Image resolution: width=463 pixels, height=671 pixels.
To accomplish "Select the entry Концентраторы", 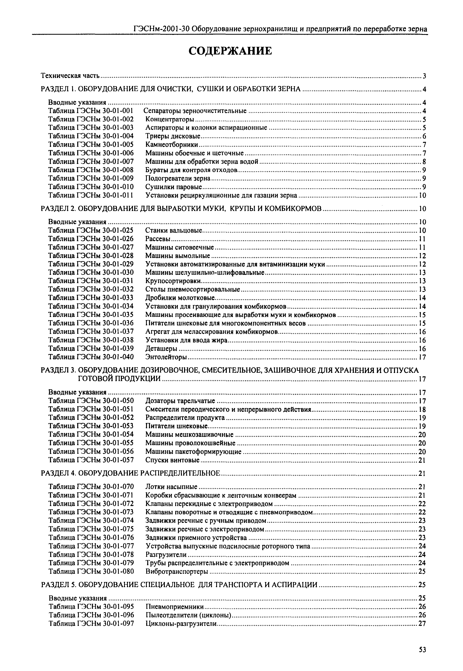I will [x=170, y=120].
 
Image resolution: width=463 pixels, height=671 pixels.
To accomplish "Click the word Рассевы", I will [x=158, y=239].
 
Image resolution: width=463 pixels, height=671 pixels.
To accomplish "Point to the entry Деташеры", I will [x=161, y=349].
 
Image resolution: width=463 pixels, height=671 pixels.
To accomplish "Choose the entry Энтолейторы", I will [x=166, y=357].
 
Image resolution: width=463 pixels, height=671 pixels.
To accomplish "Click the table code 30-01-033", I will [x=118, y=298].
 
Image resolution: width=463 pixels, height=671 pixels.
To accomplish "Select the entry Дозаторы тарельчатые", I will [x=180, y=401].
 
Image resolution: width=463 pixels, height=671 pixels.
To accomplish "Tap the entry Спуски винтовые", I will [x=172, y=460].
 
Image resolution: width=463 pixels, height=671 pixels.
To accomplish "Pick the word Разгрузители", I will [x=166, y=555].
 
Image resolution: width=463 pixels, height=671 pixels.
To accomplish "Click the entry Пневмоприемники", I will [x=174, y=607].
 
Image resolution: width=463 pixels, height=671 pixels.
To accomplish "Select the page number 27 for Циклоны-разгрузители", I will [x=422, y=624].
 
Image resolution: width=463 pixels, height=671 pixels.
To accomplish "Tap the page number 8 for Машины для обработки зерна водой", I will [x=424, y=161].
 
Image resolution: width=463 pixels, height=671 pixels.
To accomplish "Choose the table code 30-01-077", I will [x=118, y=546].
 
